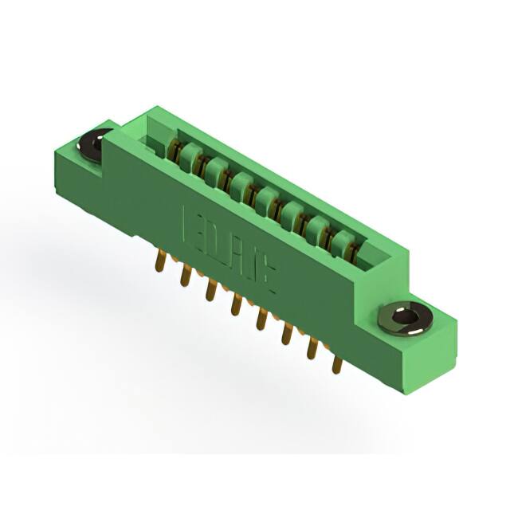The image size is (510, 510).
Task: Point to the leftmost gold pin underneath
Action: [161, 261]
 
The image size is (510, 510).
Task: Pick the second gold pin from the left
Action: [186, 275]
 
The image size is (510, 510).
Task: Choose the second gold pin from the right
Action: [312, 348]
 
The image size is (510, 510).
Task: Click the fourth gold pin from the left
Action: [236, 304]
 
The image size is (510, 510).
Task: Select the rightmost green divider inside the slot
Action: [342, 240]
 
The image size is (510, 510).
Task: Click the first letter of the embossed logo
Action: [190, 222]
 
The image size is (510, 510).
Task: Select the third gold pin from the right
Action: [286, 335]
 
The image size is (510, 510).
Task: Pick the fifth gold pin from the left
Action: [261, 319]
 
